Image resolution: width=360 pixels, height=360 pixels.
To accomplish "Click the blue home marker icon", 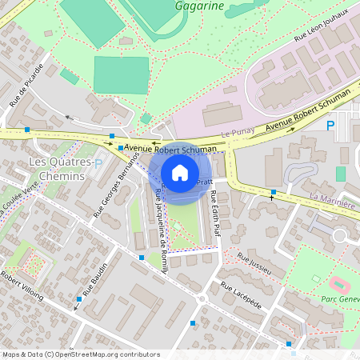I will [x=179, y=172].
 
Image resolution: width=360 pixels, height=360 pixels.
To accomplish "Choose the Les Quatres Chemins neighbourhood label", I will [x=56, y=169].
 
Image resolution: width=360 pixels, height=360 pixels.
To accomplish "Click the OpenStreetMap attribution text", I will [x=80, y=354].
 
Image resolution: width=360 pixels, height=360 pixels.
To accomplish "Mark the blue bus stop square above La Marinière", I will [x=274, y=192].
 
